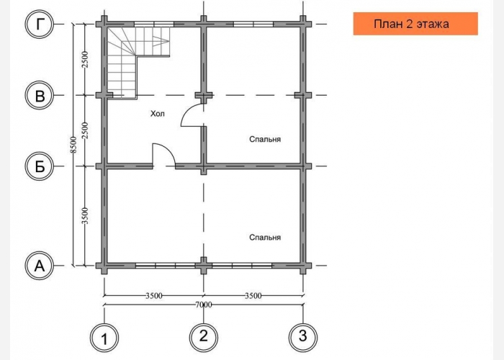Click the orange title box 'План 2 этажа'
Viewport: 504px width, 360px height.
[x=415, y=24]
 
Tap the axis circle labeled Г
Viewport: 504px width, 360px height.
[x=39, y=24]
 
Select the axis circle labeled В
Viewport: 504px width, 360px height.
[x=39, y=95]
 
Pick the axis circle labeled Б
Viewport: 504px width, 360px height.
[x=39, y=166]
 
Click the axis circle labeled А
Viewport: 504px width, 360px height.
[x=39, y=266]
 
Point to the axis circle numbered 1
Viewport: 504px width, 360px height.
[x=104, y=338]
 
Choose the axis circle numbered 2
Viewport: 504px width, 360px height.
[x=204, y=337]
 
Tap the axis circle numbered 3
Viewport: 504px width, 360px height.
[x=303, y=337]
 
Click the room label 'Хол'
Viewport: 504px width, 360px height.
[x=158, y=114]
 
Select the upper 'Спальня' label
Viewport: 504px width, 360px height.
[x=265, y=139]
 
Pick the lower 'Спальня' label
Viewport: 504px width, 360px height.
[x=265, y=237]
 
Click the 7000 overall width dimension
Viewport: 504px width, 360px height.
[x=204, y=304]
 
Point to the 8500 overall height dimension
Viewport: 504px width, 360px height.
[x=73, y=145]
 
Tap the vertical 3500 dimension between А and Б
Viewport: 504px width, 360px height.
[x=85, y=216]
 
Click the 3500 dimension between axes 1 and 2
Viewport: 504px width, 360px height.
[x=154, y=295]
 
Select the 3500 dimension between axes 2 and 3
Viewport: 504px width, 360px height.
[x=253, y=295]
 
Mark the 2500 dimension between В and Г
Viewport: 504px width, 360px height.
[x=85, y=60]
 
